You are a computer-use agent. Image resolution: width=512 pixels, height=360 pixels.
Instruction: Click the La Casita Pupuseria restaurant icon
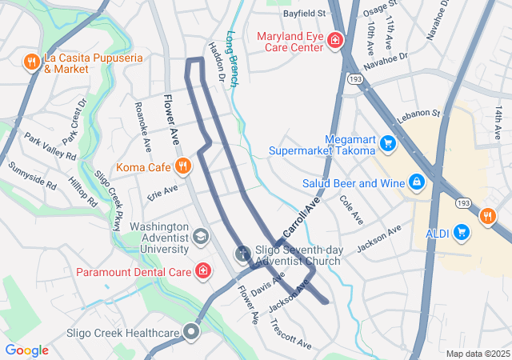[32, 62]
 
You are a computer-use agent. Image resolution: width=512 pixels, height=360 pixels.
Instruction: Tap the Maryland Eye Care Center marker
[335, 40]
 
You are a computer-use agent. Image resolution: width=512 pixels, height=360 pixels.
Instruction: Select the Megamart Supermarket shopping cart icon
[388, 143]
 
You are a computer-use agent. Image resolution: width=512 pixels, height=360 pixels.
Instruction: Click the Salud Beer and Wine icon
[416, 182]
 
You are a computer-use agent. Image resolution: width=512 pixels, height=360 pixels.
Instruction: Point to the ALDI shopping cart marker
[461, 232]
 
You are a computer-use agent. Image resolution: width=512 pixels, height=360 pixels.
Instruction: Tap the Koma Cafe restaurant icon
[183, 166]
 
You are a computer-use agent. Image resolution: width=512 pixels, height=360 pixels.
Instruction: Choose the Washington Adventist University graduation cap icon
[199, 236]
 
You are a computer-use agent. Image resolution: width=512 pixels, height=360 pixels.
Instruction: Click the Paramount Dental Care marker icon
[204, 271]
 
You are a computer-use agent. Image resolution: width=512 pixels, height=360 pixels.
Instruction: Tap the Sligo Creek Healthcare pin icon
[191, 332]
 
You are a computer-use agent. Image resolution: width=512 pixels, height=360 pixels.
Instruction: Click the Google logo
[26, 350]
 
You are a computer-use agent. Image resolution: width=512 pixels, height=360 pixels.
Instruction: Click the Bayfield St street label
[304, 14]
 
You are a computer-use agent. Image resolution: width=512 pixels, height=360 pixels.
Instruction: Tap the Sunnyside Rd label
[33, 175]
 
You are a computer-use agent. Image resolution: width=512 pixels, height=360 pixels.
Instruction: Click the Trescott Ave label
[290, 333]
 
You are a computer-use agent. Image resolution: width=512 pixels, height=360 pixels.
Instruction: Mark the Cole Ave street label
[350, 210]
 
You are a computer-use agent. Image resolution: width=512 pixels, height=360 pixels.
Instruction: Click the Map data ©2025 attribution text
[477, 354]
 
